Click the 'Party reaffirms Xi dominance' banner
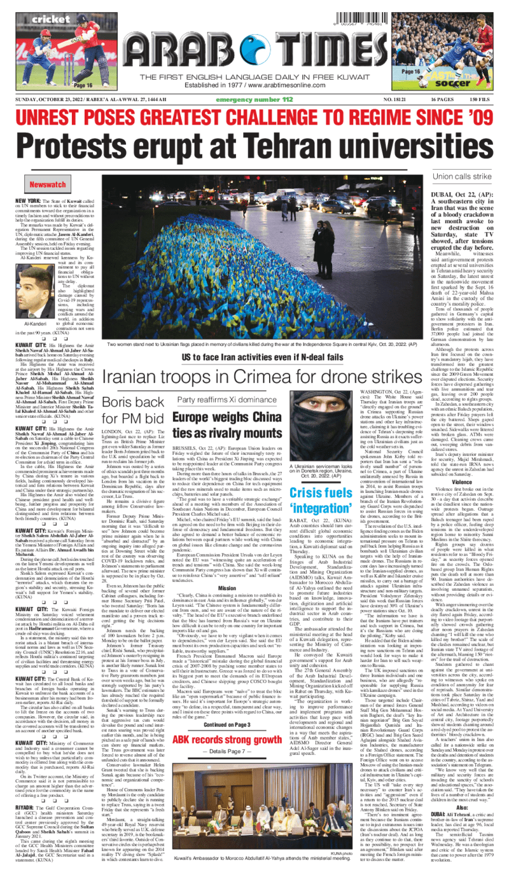(x=218, y=399)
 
